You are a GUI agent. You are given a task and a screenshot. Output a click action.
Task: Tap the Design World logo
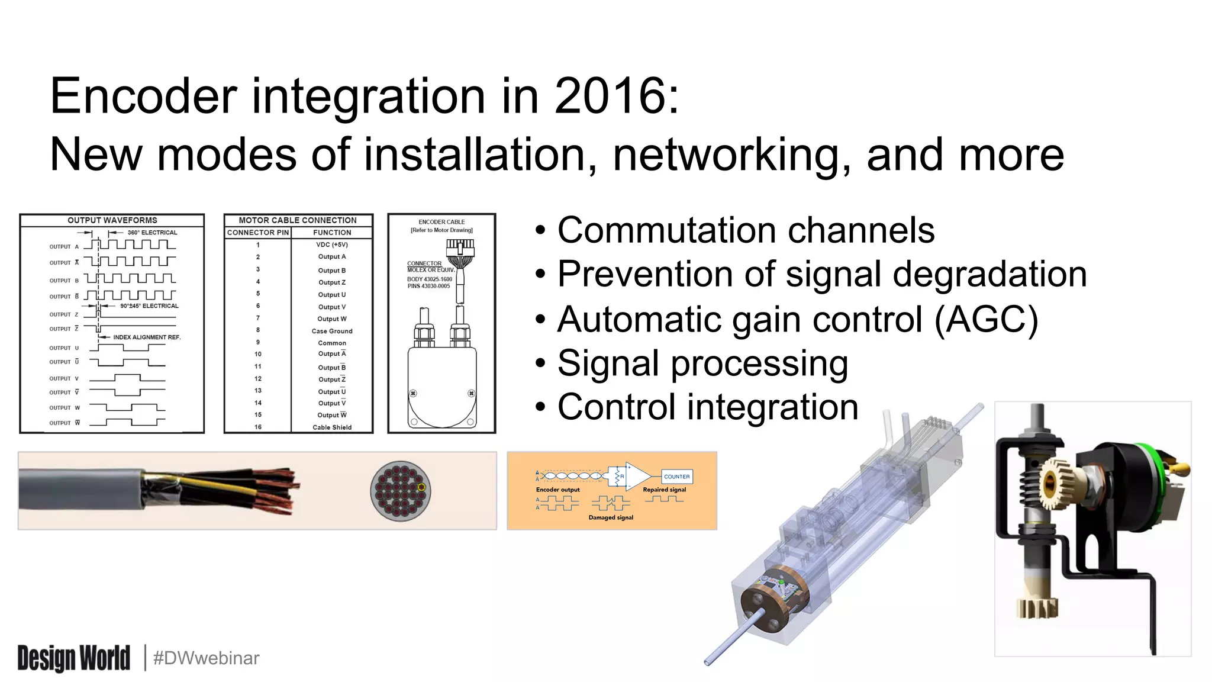point(73,658)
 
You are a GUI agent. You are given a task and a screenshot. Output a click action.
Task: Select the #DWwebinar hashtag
point(206,658)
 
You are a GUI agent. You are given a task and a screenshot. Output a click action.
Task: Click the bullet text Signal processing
point(702,363)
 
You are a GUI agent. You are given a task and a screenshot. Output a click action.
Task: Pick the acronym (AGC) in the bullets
point(986,320)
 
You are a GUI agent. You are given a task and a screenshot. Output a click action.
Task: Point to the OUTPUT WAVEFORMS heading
point(112,220)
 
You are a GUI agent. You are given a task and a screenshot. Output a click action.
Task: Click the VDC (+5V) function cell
point(331,245)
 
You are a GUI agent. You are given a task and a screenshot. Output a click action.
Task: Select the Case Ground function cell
point(331,331)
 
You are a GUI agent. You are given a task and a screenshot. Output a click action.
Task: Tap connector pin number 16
point(257,427)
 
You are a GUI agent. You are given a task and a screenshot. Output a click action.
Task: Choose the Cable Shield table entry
point(331,427)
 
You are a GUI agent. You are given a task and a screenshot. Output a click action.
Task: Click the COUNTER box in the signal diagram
point(676,477)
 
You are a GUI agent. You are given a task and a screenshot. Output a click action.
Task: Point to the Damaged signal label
point(610,517)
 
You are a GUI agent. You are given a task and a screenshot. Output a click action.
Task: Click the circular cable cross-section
point(401,491)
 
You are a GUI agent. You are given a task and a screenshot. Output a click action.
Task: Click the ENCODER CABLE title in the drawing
point(441,222)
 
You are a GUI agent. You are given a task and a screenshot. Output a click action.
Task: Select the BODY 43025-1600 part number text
point(429,279)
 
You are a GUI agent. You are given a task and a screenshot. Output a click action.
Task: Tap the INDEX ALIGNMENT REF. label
point(146,337)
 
